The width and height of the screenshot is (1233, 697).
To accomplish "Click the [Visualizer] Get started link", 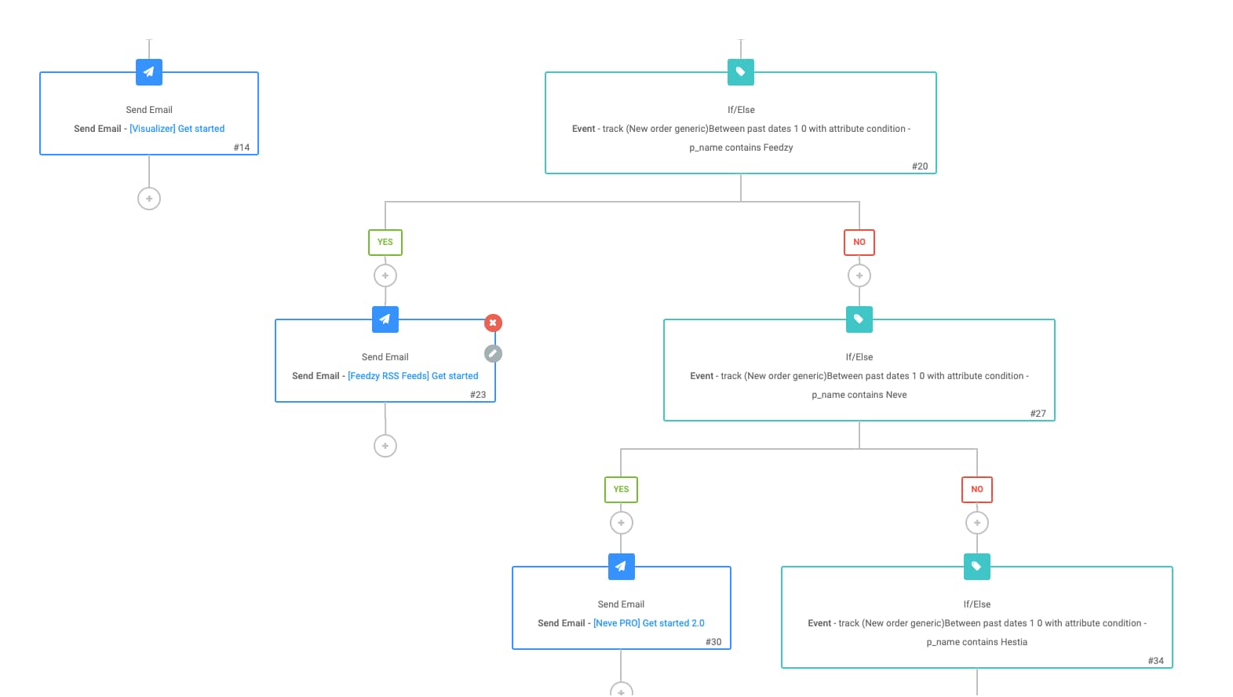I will [x=177, y=129].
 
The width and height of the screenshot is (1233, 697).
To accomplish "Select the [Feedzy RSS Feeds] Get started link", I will [x=413, y=376].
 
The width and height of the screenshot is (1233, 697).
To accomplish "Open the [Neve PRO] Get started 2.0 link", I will [x=648, y=623].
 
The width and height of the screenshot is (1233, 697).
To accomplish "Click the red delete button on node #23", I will [x=493, y=323].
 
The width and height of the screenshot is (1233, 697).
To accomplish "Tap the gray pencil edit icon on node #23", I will [x=493, y=353].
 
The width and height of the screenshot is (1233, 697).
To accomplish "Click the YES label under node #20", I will [x=385, y=243].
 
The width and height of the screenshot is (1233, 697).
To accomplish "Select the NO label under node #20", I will [x=859, y=243].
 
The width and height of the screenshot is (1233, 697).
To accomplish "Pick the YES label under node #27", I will [x=621, y=490].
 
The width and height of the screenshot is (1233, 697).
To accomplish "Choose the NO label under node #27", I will [x=977, y=490].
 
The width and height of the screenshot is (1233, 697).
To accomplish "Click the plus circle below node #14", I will [x=149, y=199].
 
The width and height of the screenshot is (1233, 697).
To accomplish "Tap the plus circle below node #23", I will [x=385, y=446].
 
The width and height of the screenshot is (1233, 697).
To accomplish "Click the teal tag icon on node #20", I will [x=741, y=72].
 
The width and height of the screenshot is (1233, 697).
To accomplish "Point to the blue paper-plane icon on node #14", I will [x=149, y=72].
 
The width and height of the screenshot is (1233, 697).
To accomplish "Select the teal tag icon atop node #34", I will [x=977, y=567].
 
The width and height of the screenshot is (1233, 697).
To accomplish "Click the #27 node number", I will [x=1038, y=414].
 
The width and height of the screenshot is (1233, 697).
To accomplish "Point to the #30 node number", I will [x=713, y=642].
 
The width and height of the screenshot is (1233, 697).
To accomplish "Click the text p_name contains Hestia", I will [x=976, y=642].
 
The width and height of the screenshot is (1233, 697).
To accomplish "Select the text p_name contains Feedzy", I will [x=741, y=148].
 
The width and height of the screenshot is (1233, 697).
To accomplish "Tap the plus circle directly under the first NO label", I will [x=859, y=276].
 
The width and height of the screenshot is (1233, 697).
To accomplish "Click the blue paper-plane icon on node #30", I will [x=621, y=567].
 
